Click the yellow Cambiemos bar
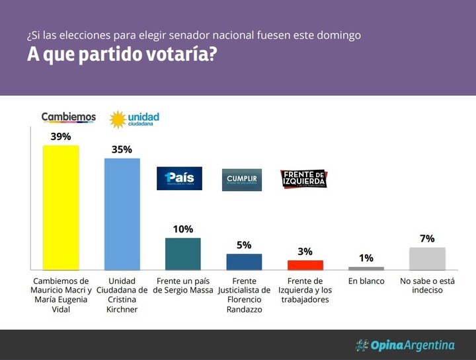click(61, 207)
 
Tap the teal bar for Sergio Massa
click(182, 254)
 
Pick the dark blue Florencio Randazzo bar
click(244, 262)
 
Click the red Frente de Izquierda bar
click(305, 265)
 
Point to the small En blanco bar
click(366, 268)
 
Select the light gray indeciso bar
click(427, 258)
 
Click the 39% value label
click(61, 136)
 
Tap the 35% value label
click(122, 149)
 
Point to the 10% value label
click(182, 229)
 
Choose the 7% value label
click(427, 238)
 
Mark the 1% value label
click(366, 258)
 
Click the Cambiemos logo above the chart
click(69, 117)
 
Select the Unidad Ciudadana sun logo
click(118, 120)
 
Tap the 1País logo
click(179, 178)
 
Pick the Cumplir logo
click(241, 180)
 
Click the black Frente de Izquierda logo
click(303, 179)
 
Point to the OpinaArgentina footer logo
click(405, 345)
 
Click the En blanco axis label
click(366, 281)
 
